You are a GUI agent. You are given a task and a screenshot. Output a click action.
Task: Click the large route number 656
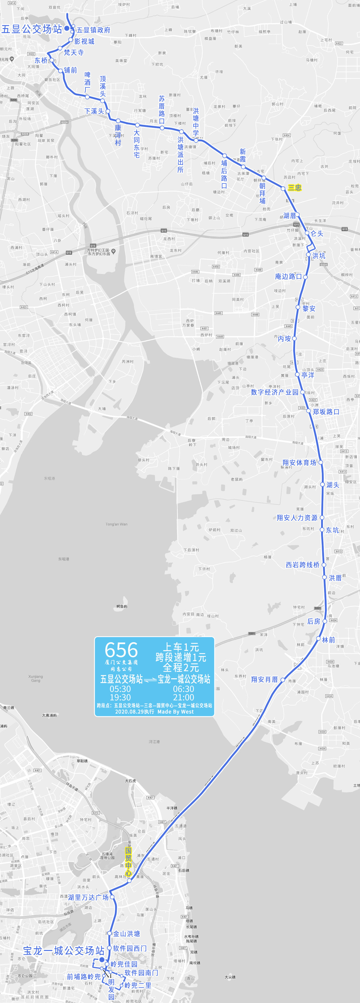point(121,650)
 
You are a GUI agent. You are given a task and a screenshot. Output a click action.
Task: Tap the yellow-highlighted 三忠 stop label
point(294,188)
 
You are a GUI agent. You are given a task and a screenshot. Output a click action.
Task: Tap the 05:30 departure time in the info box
point(120,689)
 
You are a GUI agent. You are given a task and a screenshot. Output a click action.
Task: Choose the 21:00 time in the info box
point(183,697)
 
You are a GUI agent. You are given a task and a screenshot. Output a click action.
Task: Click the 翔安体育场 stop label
point(299,463)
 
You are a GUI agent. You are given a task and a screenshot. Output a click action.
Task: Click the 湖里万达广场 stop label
point(88,897)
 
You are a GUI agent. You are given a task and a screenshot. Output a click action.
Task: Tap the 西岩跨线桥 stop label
point(302,564)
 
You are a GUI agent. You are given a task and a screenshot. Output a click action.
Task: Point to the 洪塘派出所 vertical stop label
point(180,155)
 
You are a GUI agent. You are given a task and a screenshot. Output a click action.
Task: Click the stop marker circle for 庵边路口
point(305,277)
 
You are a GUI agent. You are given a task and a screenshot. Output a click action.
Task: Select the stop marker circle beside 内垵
point(294,338)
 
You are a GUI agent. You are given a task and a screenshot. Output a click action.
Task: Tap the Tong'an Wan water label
point(116,524)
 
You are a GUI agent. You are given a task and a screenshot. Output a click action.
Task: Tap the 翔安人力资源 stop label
point(297,517)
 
